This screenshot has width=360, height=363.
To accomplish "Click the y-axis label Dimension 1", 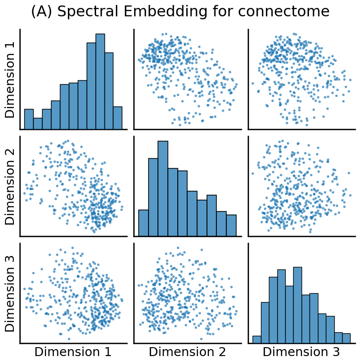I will coord(10,79).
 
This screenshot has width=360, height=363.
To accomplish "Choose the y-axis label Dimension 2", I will coord(10,186).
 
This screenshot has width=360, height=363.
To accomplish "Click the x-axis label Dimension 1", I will coord(73,352).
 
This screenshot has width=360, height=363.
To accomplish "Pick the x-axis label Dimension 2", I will coord(187,352).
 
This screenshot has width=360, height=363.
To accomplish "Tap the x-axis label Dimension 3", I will coord(301,352).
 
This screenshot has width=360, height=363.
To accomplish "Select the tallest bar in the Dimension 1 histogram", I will coord(100,82).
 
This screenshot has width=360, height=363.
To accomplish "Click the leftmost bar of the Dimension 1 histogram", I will coord(29,119).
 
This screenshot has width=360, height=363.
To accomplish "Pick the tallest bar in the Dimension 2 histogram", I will coord(163,189).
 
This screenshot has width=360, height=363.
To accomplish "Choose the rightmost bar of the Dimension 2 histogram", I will coord(231,225).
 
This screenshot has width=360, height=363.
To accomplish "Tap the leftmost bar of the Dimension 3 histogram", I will coord(257,339).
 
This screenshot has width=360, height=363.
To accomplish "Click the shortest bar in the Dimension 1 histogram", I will coord(38,123).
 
